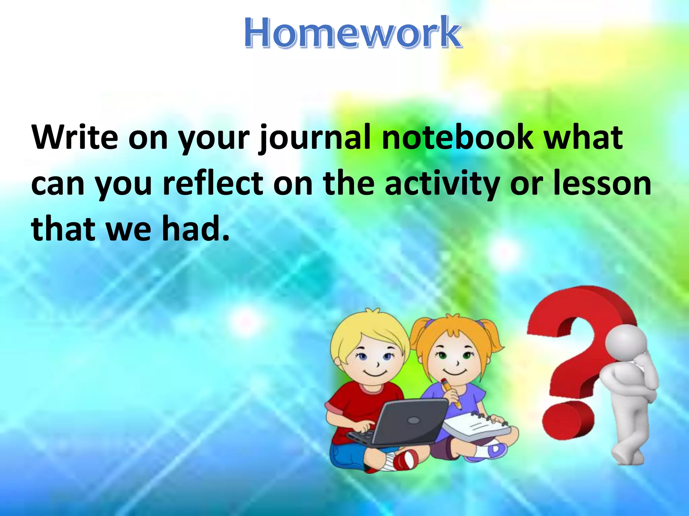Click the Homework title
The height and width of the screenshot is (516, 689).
pyautogui.click(x=352, y=33)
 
